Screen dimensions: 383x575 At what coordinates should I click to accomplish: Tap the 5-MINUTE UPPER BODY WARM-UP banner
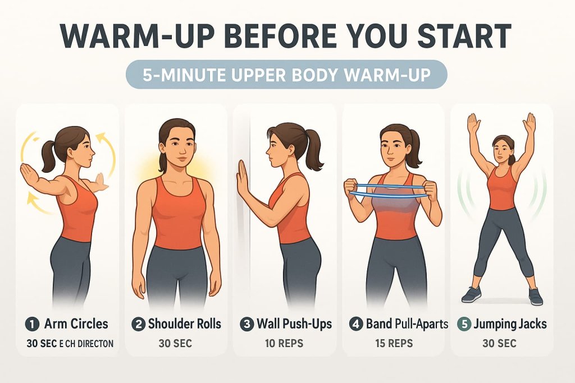(286, 75)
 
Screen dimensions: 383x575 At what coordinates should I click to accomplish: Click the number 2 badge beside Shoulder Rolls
(139, 324)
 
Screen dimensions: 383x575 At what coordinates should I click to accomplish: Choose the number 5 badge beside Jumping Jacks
(464, 324)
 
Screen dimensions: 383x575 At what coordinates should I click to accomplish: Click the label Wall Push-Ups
(294, 324)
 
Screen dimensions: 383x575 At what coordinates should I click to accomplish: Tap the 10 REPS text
(285, 343)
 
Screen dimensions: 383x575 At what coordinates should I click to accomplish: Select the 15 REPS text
(394, 343)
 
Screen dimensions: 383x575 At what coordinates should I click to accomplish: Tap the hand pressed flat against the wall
(242, 178)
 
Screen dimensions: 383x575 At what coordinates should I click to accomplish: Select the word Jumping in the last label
(495, 324)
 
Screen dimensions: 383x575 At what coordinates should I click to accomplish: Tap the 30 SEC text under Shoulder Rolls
(176, 343)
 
